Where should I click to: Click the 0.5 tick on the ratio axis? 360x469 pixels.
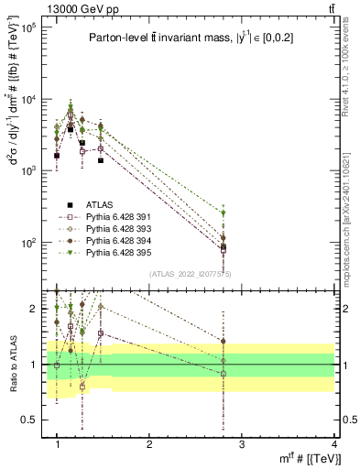coord(33,420)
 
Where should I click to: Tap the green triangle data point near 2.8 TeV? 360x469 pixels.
coord(224,213)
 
